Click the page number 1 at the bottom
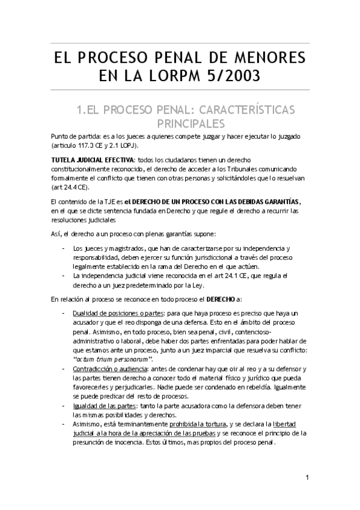[307, 479]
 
